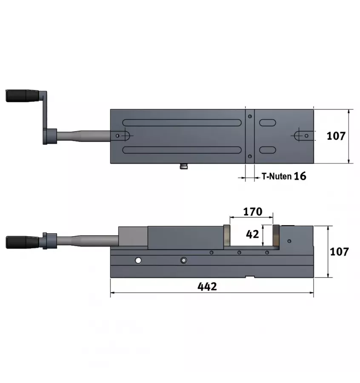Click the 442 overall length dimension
tap(207, 286)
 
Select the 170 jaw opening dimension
tap(252, 211)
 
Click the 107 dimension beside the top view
tap(336, 136)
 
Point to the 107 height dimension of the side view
tap(339, 252)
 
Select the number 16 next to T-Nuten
tap(300, 176)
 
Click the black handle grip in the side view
tap(22, 242)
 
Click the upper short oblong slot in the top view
tap(267, 122)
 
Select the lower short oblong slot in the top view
tap(267, 150)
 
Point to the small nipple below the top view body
tap(184, 166)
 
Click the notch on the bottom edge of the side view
tap(250, 277)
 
